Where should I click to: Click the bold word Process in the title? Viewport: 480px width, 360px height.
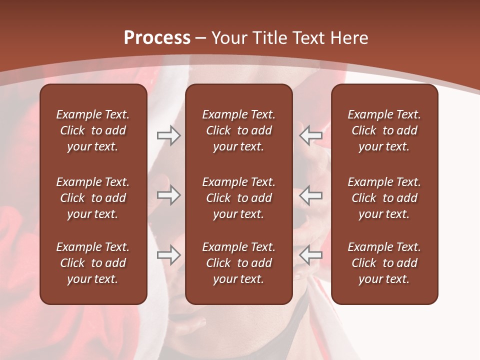(157, 38)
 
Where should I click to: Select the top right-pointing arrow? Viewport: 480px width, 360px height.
(169, 135)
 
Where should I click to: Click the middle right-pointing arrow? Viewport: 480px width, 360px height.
(169, 195)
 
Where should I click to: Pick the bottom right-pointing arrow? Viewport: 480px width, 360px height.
(169, 255)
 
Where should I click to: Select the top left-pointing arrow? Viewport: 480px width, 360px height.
(310, 135)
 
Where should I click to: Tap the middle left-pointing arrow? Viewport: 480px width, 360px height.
(310, 195)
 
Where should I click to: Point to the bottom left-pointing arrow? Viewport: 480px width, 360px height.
(310, 255)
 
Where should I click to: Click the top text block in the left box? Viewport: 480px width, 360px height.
(93, 130)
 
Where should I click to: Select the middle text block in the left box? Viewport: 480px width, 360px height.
(93, 198)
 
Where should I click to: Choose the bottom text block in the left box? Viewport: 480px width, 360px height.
(93, 263)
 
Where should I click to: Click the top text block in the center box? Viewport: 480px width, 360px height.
(238, 130)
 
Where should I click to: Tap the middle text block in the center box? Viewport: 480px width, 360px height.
(238, 198)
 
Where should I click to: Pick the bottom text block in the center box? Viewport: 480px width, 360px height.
(238, 263)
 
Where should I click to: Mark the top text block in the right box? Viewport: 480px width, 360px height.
(384, 130)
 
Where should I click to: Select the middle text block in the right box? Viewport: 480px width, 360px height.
(384, 198)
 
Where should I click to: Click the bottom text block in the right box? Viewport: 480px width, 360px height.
(384, 263)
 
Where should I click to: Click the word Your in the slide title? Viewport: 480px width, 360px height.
(229, 38)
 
